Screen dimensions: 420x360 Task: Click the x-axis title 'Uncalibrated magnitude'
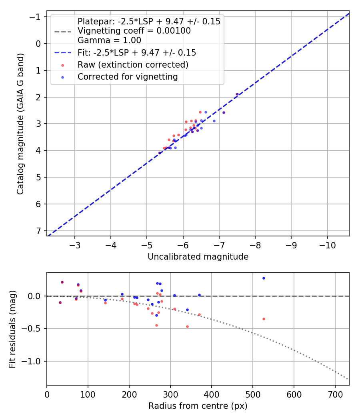[x=198, y=257]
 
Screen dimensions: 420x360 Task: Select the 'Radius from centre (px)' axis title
[x=198, y=406]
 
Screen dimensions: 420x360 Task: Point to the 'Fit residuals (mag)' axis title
[x=12, y=329]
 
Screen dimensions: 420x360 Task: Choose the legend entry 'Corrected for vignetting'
[x=128, y=76]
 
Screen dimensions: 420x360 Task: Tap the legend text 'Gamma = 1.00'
[x=109, y=40]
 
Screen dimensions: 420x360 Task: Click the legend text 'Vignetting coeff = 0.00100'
[x=134, y=31]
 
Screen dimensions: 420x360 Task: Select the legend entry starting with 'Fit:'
[x=136, y=52]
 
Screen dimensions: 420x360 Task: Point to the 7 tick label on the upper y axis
[x=38, y=231]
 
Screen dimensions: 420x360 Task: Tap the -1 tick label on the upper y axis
[x=36, y=17]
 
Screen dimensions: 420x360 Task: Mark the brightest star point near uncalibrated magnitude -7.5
[x=237, y=94]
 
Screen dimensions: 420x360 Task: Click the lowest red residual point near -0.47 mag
[x=187, y=326]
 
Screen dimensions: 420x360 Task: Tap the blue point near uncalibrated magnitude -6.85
[x=214, y=121]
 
